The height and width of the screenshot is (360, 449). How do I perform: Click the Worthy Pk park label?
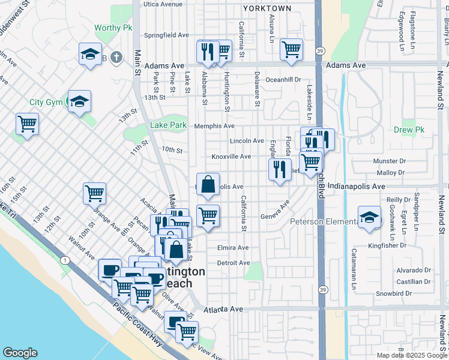[x=113, y=28]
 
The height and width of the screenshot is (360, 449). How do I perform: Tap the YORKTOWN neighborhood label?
[x=267, y=8]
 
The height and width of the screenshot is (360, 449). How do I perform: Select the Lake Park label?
[x=168, y=125]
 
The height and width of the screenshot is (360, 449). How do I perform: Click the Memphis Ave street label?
[x=214, y=126]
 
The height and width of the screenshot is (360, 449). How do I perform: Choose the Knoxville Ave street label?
[x=231, y=157]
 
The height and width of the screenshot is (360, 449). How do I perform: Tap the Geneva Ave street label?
[x=275, y=217]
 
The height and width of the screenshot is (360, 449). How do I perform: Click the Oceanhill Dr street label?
[x=283, y=79]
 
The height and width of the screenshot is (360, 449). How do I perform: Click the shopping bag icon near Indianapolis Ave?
[x=208, y=185]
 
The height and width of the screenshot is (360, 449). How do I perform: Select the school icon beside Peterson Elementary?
[x=369, y=217]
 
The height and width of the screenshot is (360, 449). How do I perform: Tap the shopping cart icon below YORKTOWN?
[x=291, y=50]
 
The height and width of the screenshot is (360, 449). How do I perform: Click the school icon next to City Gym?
[x=79, y=101]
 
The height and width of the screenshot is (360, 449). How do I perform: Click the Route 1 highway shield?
[x=64, y=259]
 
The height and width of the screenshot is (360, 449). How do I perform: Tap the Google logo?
[x=20, y=353]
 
